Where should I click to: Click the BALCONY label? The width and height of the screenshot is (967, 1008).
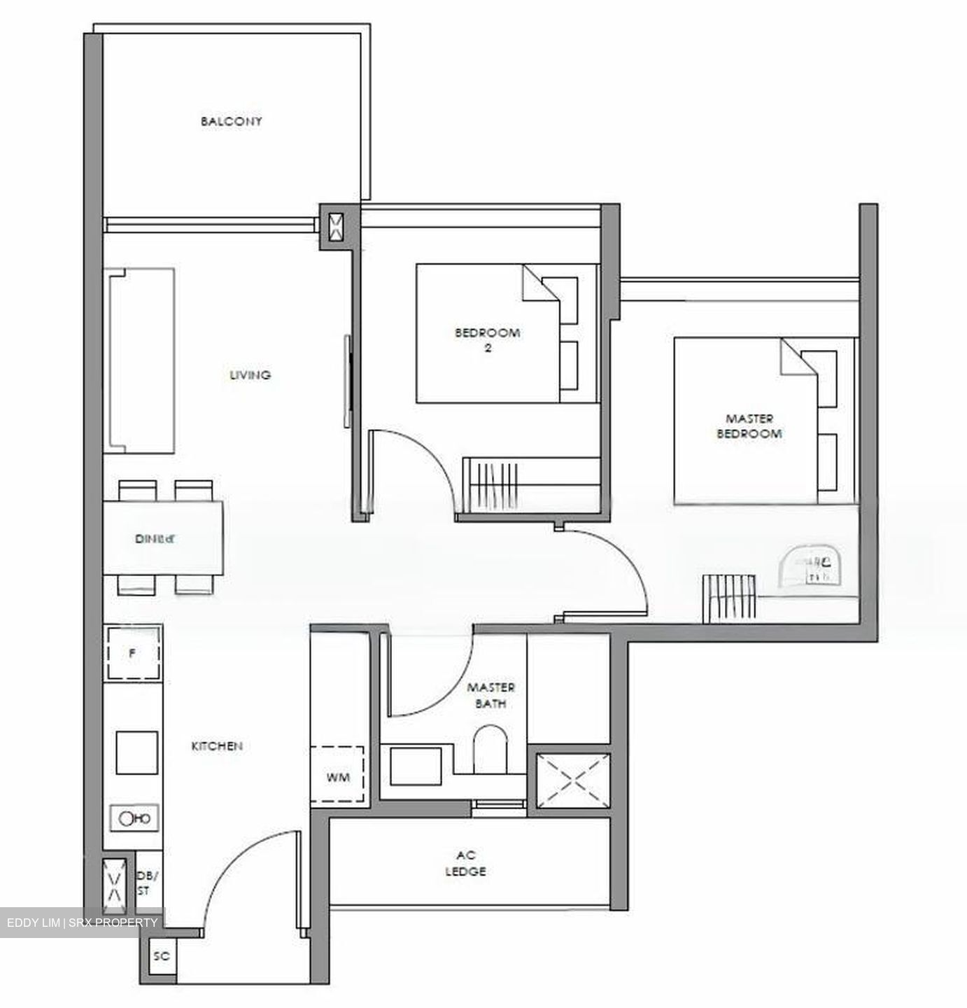[x=231, y=121]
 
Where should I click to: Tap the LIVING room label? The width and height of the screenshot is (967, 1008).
[x=250, y=375]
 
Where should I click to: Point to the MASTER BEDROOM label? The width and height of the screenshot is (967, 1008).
[x=749, y=426]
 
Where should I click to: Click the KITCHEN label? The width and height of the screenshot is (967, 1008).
[x=217, y=746]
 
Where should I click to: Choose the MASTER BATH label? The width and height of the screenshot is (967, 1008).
[x=491, y=695]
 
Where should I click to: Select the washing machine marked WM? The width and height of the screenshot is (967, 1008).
[x=337, y=776]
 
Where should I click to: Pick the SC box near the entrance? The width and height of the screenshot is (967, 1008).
[x=162, y=956]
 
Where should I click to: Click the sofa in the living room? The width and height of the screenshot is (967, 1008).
[x=139, y=360]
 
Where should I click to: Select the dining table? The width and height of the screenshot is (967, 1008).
[x=164, y=538]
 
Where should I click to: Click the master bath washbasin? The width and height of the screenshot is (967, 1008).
[x=416, y=766]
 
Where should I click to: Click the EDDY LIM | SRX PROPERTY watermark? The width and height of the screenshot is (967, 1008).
[x=83, y=923]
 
